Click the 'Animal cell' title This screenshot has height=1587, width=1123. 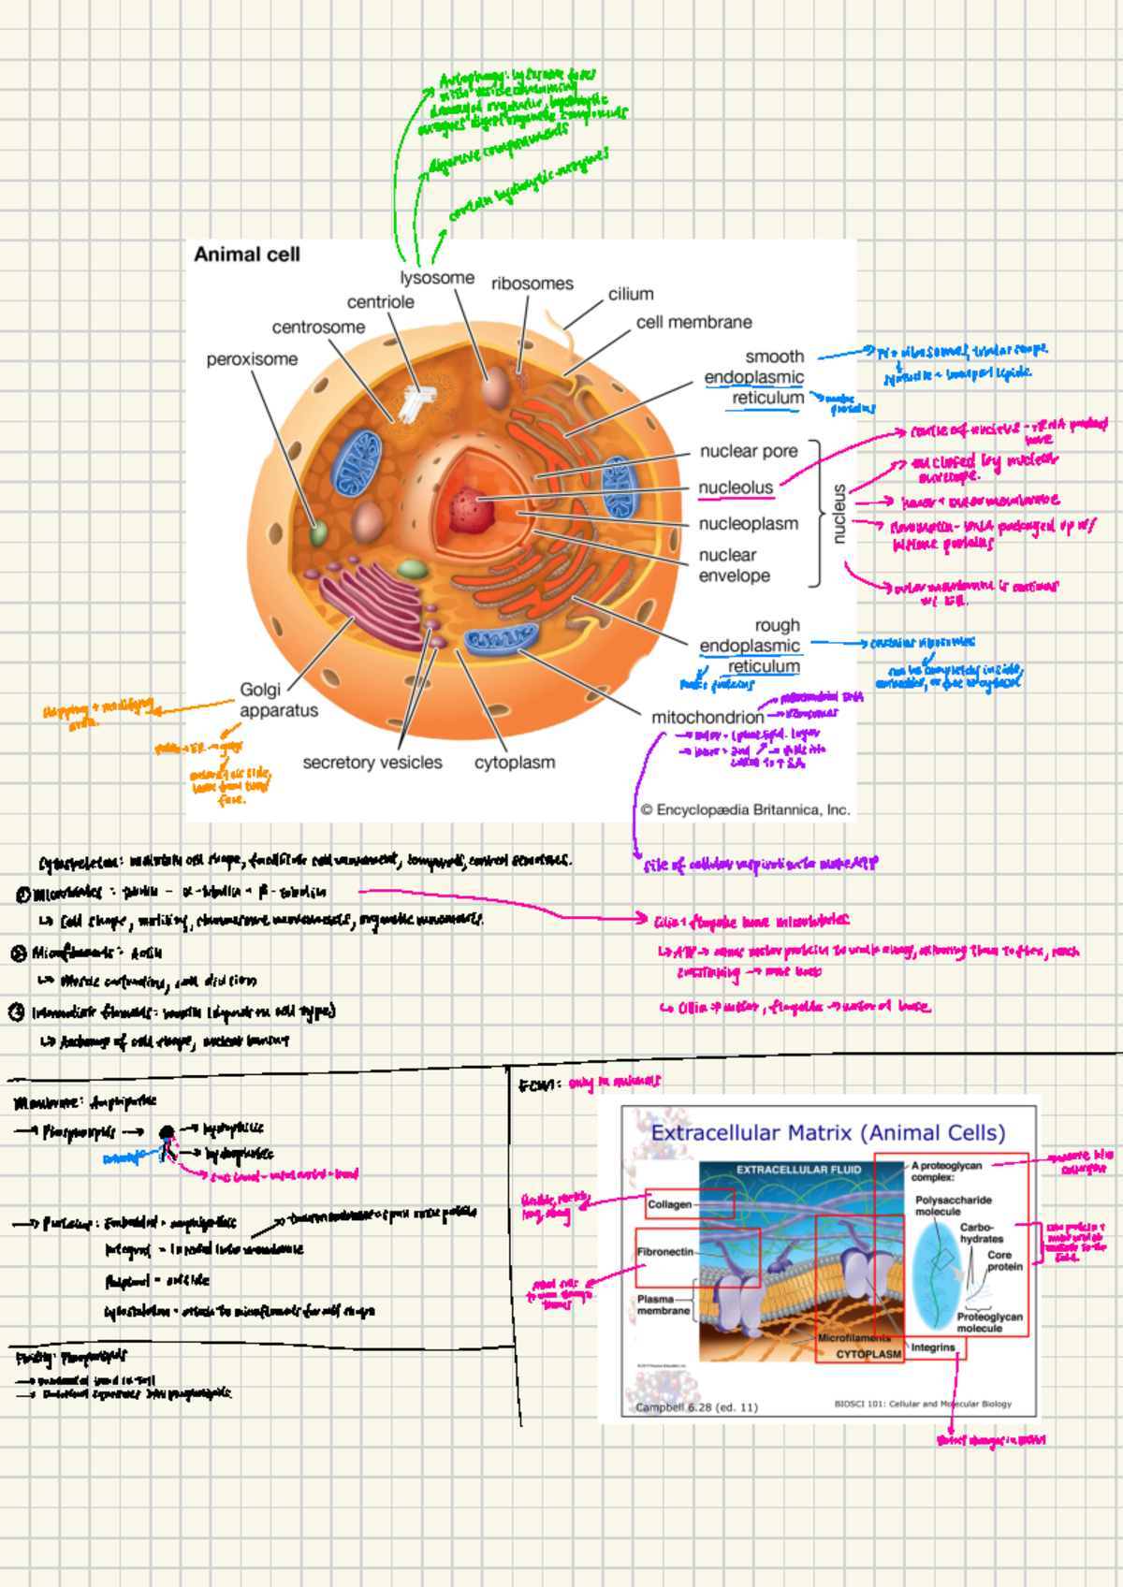247,255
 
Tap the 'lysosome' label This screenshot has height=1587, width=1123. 437,278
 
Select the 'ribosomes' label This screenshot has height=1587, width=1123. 532,284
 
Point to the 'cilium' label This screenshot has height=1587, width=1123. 631,294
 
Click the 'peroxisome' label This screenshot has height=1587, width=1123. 252,359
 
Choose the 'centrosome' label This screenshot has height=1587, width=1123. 318,328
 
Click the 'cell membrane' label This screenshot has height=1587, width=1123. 693,322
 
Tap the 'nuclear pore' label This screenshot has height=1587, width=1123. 749,451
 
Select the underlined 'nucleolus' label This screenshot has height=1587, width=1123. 736,488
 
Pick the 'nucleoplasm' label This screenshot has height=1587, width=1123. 748,524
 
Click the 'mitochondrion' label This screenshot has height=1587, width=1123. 707,718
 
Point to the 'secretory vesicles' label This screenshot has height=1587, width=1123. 372,763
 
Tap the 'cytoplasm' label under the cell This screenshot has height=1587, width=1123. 515,763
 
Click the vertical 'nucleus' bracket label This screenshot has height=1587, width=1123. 839,514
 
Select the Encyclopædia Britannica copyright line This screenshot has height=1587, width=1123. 745,810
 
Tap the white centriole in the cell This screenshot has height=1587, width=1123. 415,402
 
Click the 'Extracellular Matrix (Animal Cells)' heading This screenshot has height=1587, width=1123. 828,1133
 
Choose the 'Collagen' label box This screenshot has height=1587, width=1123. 670,1204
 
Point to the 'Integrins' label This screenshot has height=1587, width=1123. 933,1347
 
